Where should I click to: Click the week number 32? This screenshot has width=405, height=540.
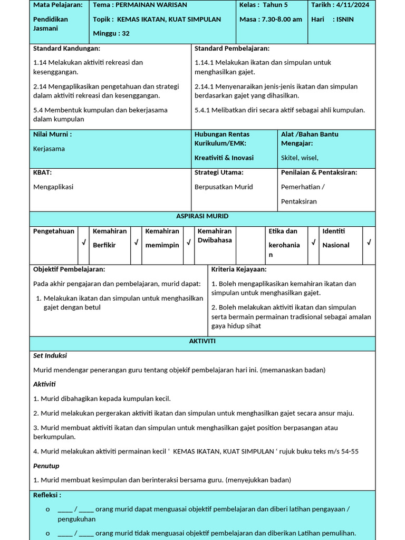point(125,33)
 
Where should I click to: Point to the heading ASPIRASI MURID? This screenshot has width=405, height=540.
point(202,217)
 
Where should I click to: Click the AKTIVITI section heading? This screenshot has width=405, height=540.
point(202,342)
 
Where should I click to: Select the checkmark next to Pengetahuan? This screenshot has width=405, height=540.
point(83,243)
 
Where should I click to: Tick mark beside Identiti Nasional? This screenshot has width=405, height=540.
point(369,243)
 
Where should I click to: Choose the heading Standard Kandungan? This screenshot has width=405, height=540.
point(66,49)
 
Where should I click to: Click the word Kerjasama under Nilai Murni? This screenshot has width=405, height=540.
point(49,149)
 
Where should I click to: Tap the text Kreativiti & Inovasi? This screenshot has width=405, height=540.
point(224,158)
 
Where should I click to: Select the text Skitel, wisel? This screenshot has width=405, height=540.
point(300,158)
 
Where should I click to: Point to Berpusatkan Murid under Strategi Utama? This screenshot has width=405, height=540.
point(224,187)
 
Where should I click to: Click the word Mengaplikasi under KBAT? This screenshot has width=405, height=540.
point(53,187)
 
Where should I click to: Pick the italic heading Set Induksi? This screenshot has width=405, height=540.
point(50,355)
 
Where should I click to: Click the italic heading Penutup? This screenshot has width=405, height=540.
point(46,466)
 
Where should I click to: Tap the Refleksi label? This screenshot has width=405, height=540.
point(47,495)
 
